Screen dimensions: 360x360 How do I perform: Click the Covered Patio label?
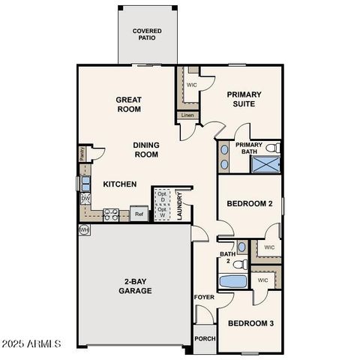(x=148, y=34)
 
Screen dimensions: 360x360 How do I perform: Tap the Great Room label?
(x=128, y=103)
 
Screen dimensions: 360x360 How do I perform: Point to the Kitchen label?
(x=119, y=184)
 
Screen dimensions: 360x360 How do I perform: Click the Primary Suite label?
(x=247, y=99)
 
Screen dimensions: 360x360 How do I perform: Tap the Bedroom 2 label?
(x=249, y=203)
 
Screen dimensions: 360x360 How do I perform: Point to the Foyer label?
(x=204, y=298)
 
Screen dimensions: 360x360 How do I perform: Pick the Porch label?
(x=204, y=338)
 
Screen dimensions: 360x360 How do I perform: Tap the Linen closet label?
(x=187, y=115)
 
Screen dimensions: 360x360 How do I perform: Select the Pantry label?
(x=82, y=154)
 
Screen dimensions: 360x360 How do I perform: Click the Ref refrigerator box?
(x=139, y=214)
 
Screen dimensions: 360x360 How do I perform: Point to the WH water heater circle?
(x=84, y=229)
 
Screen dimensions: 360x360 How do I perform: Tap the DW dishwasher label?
(x=85, y=199)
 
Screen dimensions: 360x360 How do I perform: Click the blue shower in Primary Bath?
(x=264, y=165)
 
